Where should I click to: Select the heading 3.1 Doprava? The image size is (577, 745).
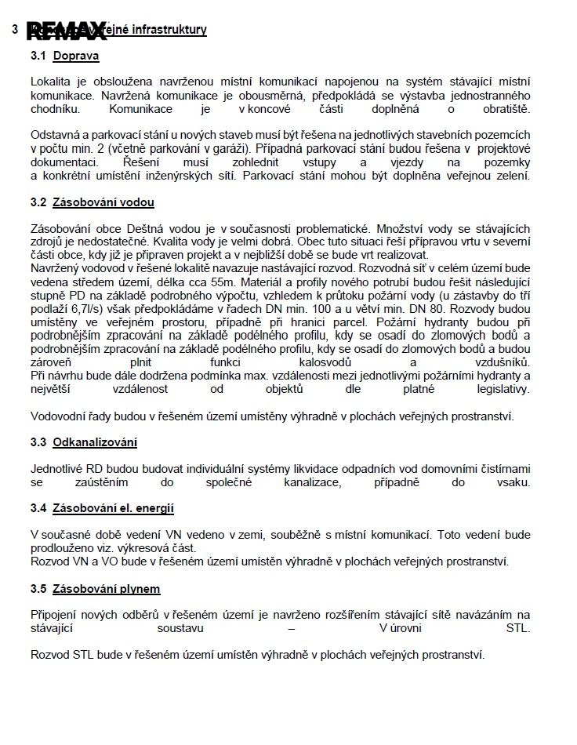coord(64,56)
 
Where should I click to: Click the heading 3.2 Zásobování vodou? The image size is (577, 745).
coord(92,202)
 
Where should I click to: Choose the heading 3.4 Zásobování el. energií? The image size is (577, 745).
coord(102,508)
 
